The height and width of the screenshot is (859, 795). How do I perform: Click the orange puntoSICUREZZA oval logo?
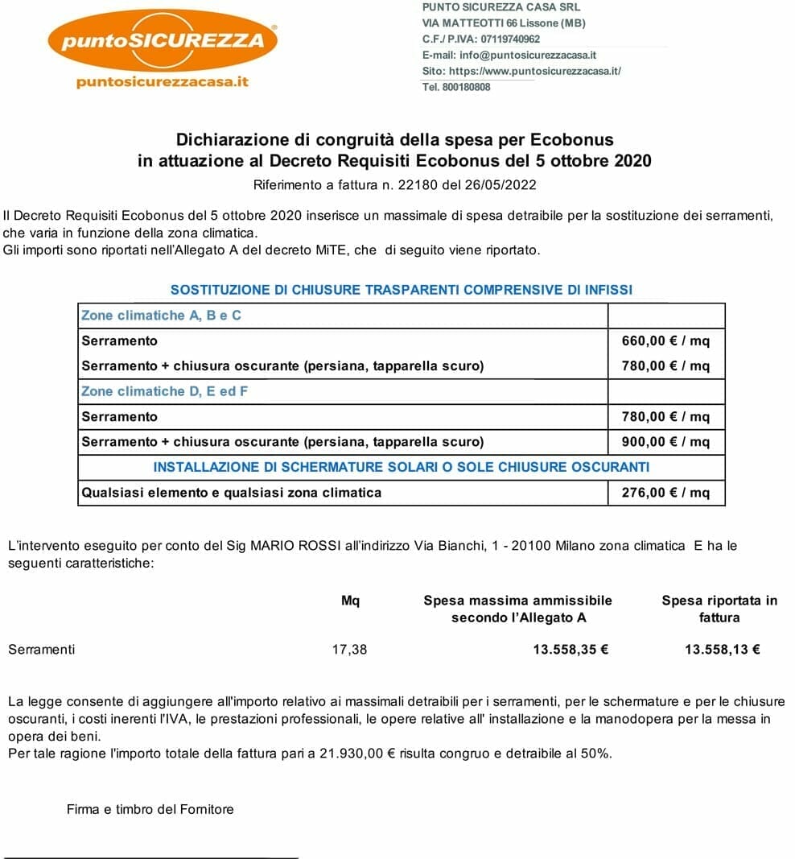(x=163, y=39)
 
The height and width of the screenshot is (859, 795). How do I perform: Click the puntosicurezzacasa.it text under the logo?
(x=163, y=82)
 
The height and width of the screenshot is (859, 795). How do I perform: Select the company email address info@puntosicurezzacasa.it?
(x=527, y=55)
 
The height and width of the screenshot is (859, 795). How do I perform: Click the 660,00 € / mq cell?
(x=665, y=341)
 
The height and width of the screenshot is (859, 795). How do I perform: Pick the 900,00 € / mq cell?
(x=665, y=441)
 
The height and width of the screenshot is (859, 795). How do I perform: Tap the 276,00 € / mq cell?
(x=665, y=492)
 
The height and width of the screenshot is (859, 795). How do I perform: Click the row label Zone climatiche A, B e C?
(x=161, y=316)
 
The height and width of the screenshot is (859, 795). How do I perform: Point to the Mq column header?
(x=350, y=600)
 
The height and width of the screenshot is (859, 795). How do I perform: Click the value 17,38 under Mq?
(x=349, y=649)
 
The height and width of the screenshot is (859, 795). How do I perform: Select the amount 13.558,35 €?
(x=570, y=649)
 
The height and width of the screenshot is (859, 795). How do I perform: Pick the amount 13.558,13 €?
(x=722, y=649)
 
